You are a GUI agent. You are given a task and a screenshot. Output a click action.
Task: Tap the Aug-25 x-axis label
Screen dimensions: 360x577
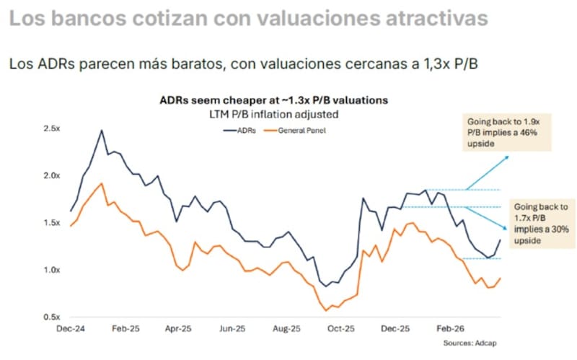click(285, 328)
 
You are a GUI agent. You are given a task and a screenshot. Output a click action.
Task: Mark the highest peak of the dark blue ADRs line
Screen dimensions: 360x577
click(101, 131)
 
